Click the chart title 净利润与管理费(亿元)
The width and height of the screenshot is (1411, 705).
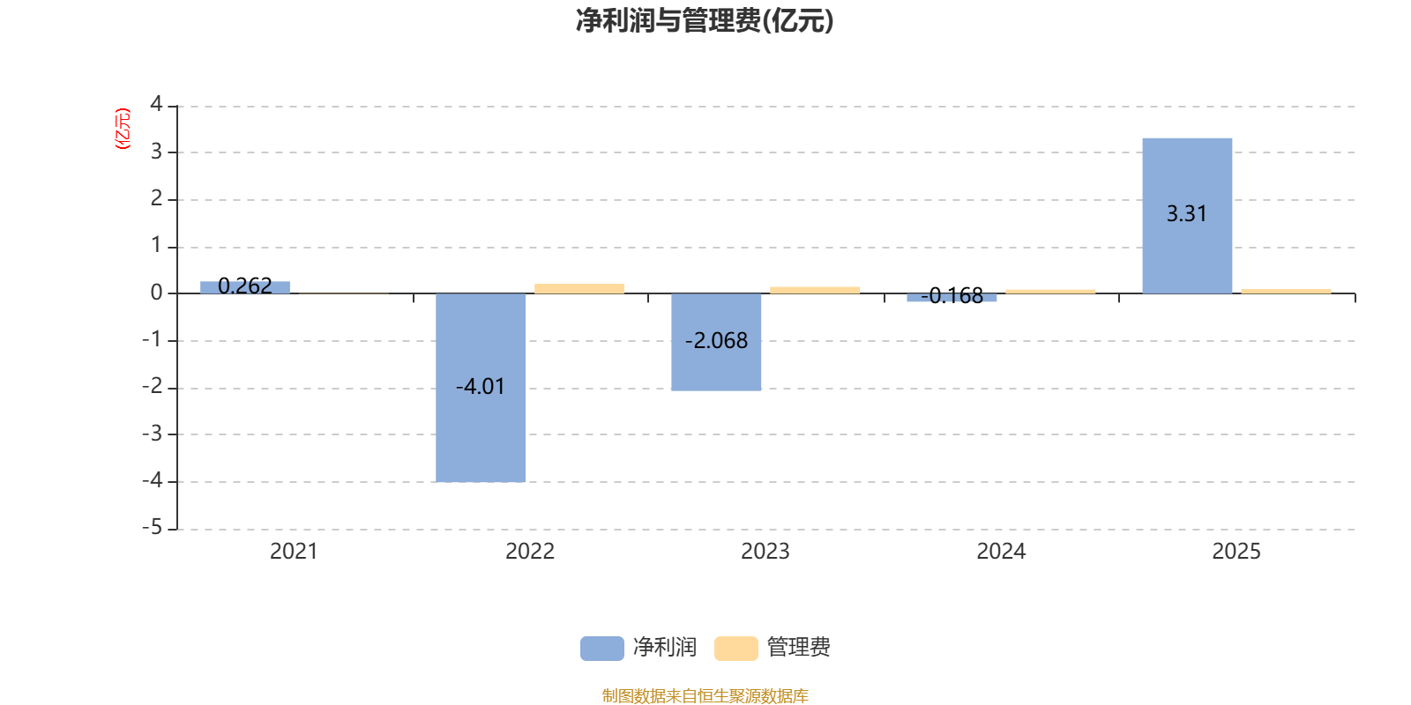705,20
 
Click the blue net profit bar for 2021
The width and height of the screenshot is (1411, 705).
245,287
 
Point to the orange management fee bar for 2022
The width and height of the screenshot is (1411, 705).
579,288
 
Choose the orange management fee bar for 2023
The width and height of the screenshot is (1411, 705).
815,290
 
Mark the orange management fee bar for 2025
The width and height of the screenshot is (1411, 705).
1286,291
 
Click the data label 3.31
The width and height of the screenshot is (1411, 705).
1187,214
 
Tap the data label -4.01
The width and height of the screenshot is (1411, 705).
481,387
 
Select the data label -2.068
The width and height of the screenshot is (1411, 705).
716,341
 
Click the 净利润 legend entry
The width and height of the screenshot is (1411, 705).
639,648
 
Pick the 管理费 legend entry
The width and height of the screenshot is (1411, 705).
773,648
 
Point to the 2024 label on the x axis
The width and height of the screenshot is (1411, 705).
1001,552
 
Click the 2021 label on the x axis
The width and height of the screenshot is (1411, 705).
294,552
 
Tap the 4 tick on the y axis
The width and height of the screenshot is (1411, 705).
156,104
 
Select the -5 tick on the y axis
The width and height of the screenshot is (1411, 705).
153,527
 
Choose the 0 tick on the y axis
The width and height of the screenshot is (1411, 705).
156,293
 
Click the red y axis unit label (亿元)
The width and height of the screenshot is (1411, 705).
123,129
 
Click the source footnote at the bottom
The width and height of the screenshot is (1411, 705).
705,696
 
